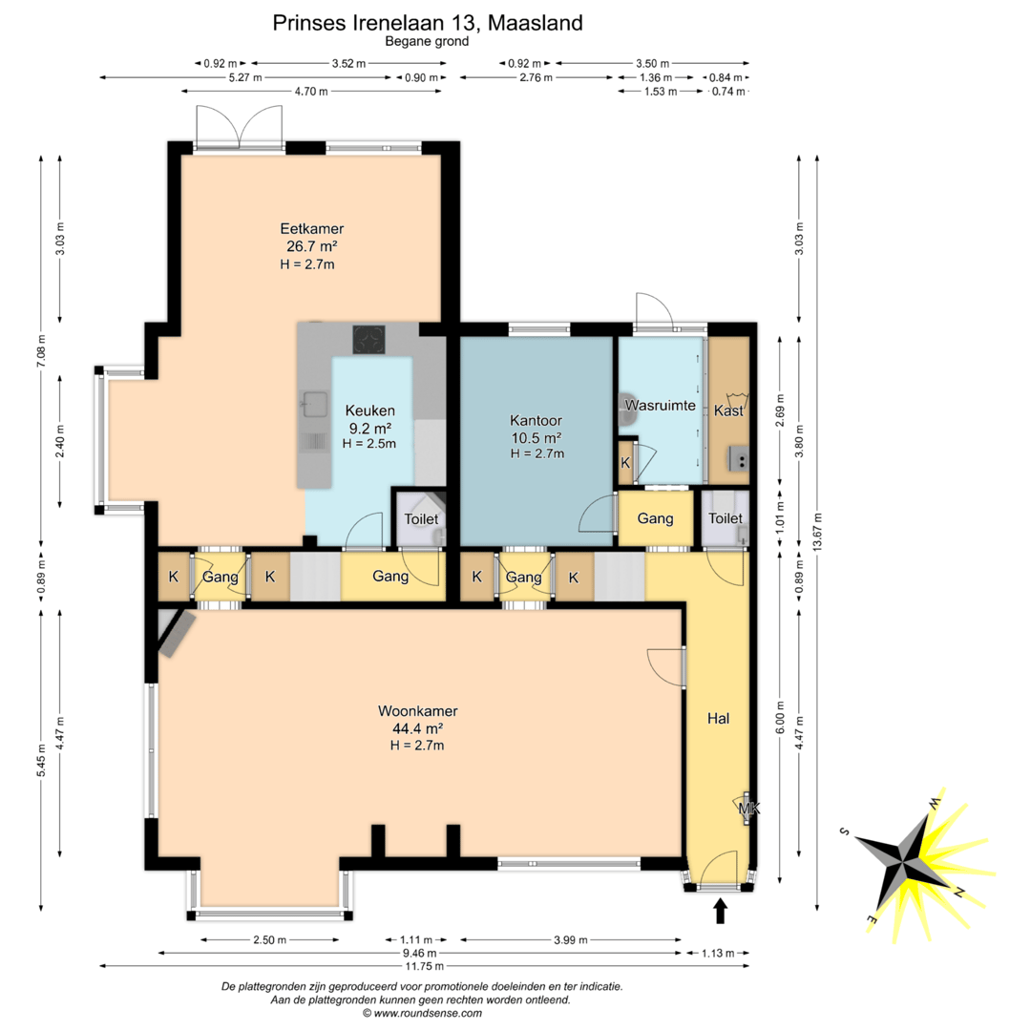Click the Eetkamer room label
pos(311,229)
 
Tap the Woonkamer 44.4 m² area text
pos(417,728)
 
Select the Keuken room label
pos(370,410)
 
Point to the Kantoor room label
pos(536,421)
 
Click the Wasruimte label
pos(661,406)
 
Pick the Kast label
pos(728,410)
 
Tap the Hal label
pos(718,719)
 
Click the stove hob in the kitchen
pos(369,340)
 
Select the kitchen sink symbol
pos(314,405)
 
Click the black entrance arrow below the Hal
pos(721,912)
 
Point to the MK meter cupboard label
pos(749,809)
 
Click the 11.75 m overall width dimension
pos(424,966)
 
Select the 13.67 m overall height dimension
pos(817,532)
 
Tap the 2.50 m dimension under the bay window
pos(269,939)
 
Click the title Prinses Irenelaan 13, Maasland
pos(428,23)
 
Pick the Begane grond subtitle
pos(427,41)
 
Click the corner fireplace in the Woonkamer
pos(174,633)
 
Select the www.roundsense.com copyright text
pos(422,1013)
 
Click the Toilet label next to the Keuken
pos(421,519)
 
